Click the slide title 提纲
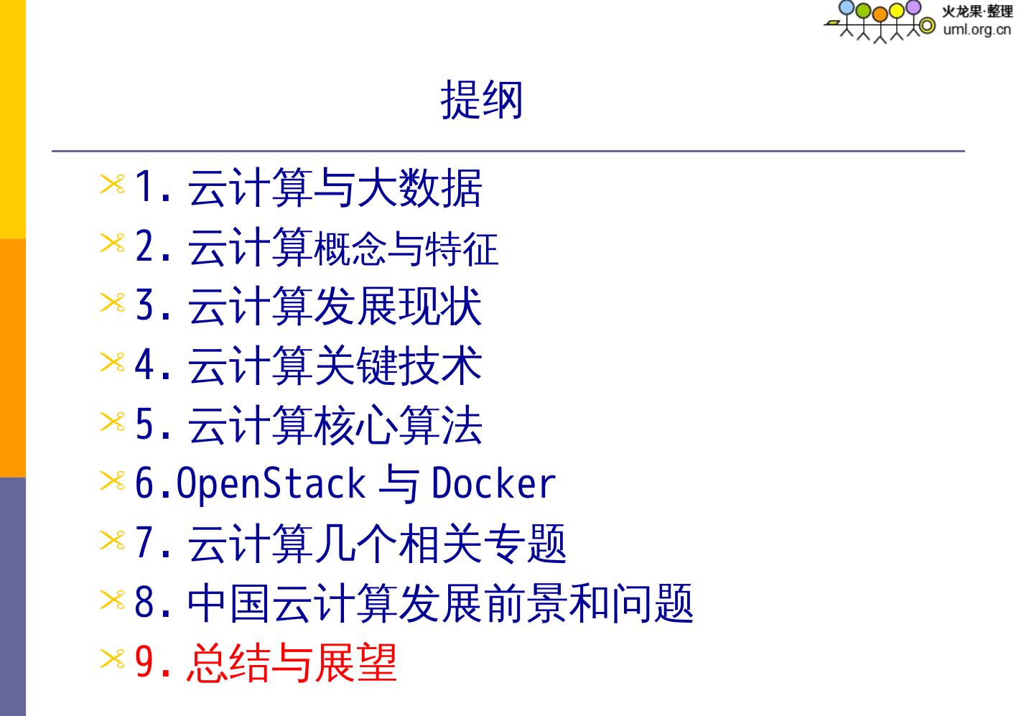tap(481, 100)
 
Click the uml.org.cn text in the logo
tap(977, 29)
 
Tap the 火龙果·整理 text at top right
tap(977, 11)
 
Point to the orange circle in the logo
tap(880, 14)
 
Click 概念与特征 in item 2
tap(405, 248)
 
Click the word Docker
tap(493, 484)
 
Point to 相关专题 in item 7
tap(482, 544)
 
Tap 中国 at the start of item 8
tap(229, 603)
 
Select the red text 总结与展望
tap(291, 662)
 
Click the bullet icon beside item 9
tap(112, 659)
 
